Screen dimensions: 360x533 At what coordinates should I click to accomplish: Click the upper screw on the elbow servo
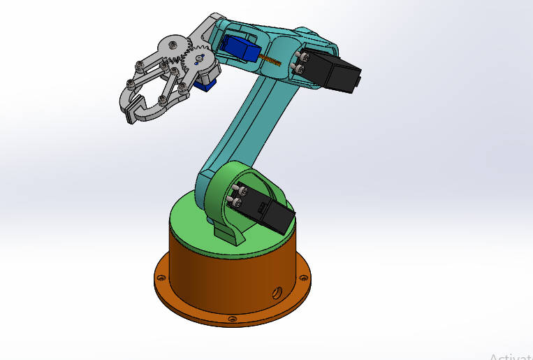[x=304, y=55]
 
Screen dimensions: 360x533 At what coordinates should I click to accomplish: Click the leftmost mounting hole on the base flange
[x=162, y=278]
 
